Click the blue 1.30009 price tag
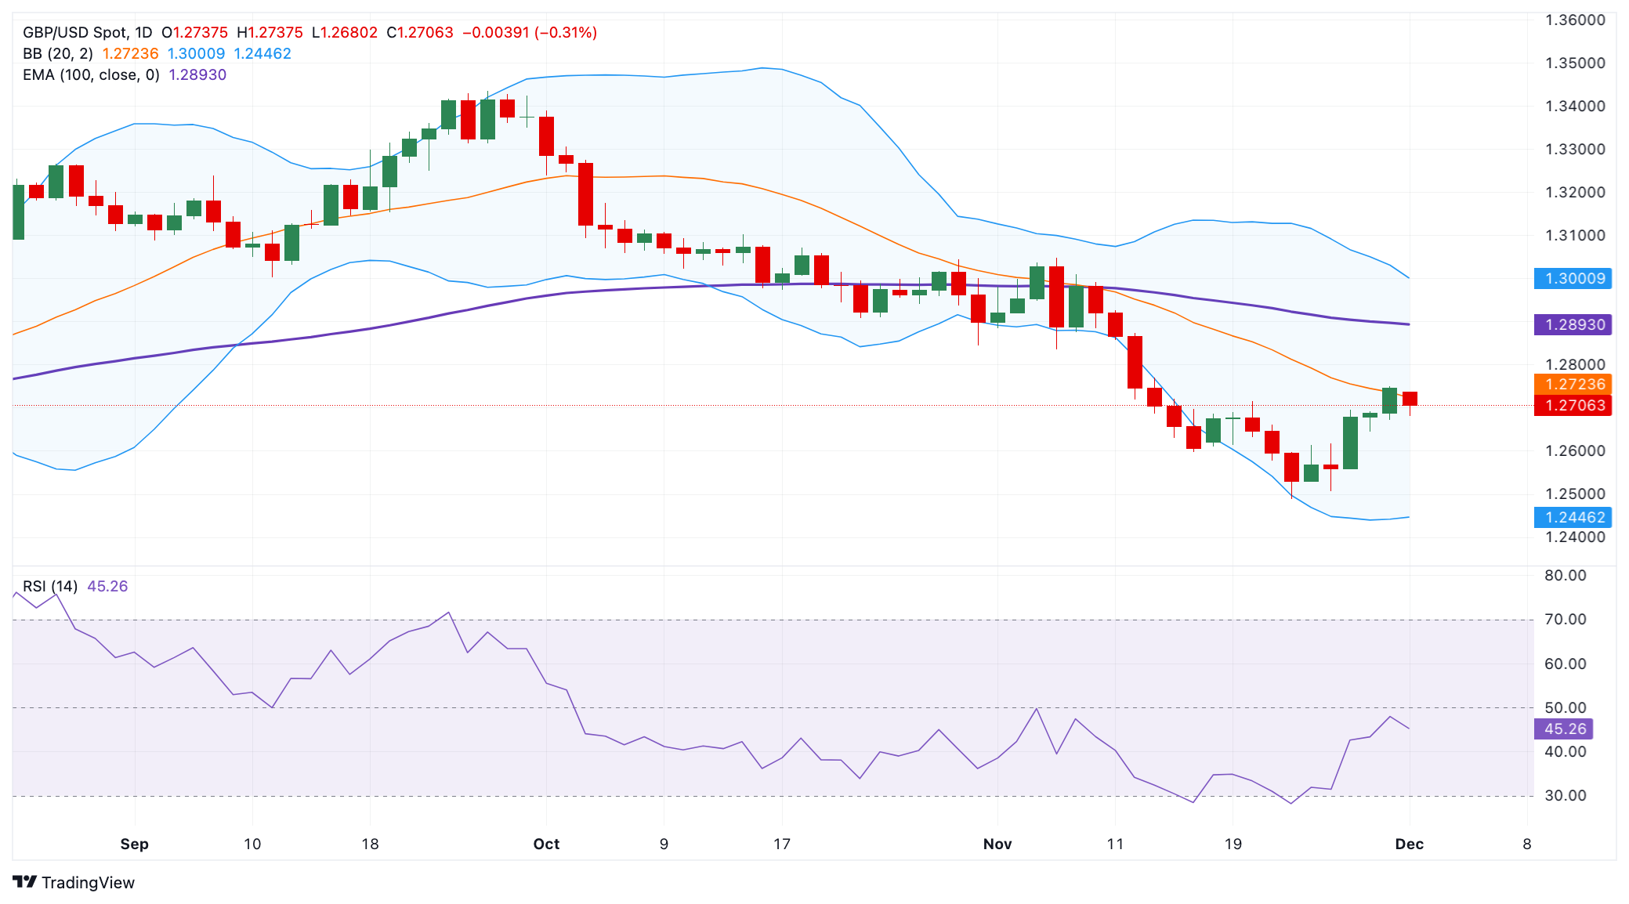[1573, 278]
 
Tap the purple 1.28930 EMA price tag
[1573, 324]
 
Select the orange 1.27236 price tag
[1573, 384]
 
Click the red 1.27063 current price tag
[1573, 405]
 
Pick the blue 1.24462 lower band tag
[1573, 517]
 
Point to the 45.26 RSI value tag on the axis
[1564, 729]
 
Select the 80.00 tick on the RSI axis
[1565, 575]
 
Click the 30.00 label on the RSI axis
[1565, 795]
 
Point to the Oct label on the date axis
[546, 844]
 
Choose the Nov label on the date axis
[997, 844]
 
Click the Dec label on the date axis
[1409, 844]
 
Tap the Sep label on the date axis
[134, 844]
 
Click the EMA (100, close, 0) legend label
[91, 74]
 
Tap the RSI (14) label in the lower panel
[50, 586]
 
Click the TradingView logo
[74, 882]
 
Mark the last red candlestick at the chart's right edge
[1410, 398]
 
